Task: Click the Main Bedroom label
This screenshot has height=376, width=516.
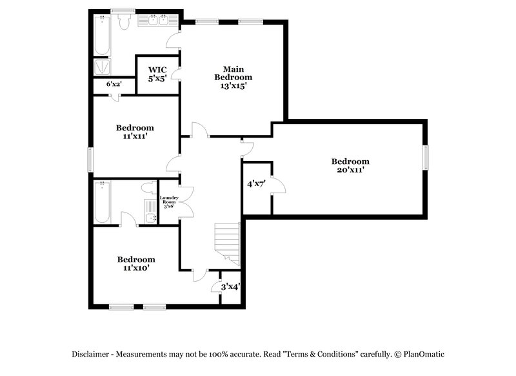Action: tap(233, 76)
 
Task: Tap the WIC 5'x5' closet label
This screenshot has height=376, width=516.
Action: tap(157, 74)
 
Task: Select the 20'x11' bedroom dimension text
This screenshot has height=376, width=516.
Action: tap(350, 171)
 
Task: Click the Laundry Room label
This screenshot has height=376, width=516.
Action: tap(169, 202)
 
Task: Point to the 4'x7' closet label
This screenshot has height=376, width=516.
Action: tap(256, 183)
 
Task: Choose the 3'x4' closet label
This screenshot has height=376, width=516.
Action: tap(230, 286)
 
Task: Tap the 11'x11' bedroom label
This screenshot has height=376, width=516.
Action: tap(135, 132)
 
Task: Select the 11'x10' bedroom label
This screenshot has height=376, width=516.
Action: tap(136, 264)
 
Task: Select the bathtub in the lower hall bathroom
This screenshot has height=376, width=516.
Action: tap(103, 202)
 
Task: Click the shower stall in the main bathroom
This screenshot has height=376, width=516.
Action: tap(102, 67)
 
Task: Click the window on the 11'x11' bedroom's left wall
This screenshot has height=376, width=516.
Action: tap(90, 158)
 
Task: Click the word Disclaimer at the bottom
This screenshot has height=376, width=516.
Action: tap(91, 354)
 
